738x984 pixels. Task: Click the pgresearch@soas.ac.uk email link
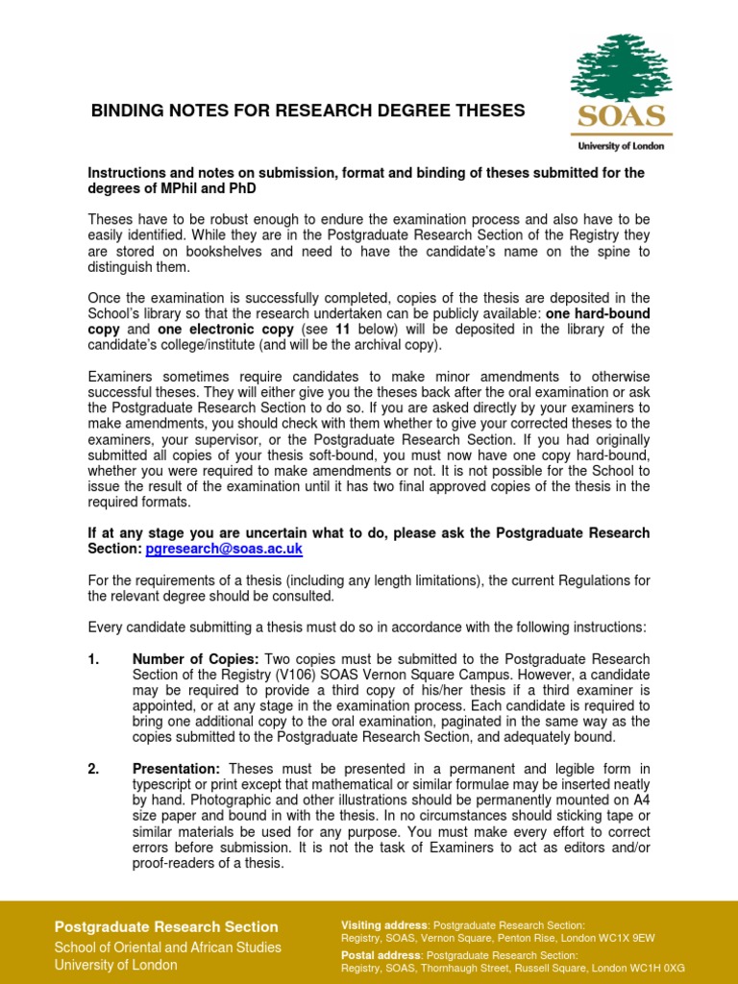coord(224,549)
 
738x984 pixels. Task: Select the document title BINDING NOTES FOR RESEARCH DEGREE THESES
coord(307,111)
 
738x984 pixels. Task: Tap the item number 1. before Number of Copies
coord(94,659)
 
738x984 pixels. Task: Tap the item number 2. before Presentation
coord(94,769)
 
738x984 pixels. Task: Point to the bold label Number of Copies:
coord(195,659)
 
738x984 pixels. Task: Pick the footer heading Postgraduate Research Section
coord(166,927)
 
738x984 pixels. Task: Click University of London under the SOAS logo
coord(621,147)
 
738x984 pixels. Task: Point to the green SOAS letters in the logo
coord(621,117)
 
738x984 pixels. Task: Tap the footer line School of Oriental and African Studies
coord(168,947)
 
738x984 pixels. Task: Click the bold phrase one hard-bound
coord(596,313)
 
